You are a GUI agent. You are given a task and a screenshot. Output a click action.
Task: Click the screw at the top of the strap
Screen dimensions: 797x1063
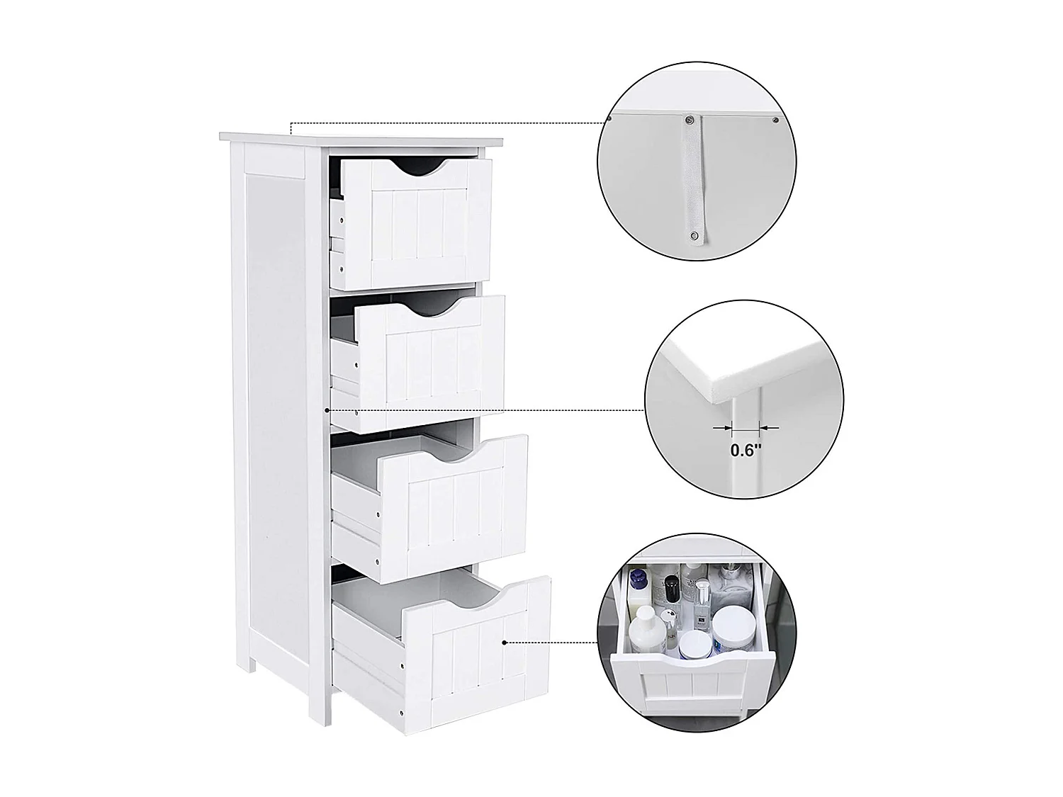click(x=687, y=120)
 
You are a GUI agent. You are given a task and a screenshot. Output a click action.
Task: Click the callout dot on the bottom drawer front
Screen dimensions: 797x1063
click(x=505, y=643)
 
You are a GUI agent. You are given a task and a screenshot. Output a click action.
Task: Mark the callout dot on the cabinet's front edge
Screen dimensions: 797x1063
click(x=327, y=409)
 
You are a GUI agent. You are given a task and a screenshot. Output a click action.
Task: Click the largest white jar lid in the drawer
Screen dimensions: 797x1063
click(x=730, y=623)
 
